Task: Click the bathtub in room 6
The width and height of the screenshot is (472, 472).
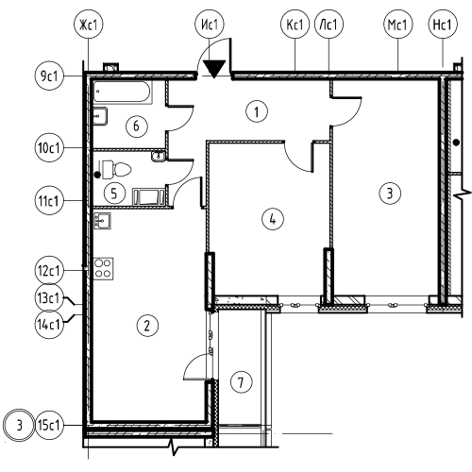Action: tap(123, 92)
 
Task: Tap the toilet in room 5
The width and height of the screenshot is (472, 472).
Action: tap(116, 169)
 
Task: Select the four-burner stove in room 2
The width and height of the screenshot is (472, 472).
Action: tap(103, 269)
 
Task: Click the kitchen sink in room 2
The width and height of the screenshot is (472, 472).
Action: tap(102, 221)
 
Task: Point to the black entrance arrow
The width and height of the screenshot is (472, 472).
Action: tap(214, 69)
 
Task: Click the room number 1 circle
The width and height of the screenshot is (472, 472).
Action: tap(257, 111)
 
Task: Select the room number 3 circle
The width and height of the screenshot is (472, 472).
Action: tap(390, 193)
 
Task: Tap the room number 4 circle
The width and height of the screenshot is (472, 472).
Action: tap(273, 219)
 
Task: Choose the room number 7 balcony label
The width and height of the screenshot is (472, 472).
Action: tap(242, 382)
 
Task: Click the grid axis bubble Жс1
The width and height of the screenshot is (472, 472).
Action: tap(89, 25)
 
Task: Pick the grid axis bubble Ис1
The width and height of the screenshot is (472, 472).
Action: tap(210, 25)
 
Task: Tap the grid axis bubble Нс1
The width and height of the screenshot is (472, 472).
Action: tap(443, 25)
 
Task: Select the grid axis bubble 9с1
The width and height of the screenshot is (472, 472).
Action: tap(49, 76)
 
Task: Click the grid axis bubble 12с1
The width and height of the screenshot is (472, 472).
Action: tap(49, 270)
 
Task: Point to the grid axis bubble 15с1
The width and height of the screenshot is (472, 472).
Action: tap(49, 425)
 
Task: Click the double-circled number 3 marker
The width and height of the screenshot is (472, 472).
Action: tap(19, 425)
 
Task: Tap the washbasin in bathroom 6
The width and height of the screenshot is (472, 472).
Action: tap(100, 116)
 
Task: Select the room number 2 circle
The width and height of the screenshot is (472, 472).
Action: tap(147, 326)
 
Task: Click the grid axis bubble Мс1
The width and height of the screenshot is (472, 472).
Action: tap(397, 25)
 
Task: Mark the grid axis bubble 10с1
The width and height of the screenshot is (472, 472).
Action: tap(49, 147)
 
